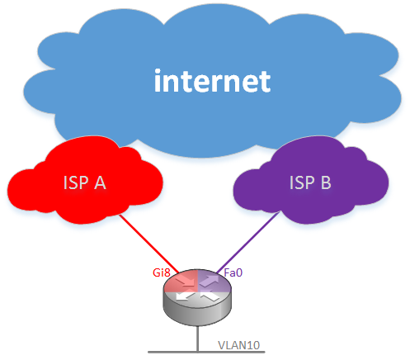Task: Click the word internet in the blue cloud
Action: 212,80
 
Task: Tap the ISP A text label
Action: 85,182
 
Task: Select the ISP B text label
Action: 310,182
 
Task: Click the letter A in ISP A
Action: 100,182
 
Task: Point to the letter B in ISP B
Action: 326,182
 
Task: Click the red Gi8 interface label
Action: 162,272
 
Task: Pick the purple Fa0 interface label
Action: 233,272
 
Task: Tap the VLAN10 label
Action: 238,345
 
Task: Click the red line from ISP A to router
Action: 148,244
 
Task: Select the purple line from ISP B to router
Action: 248,242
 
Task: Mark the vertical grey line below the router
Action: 197,339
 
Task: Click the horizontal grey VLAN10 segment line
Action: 206,352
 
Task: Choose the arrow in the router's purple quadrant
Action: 209,281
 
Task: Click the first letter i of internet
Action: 158,80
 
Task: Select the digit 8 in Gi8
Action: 167,272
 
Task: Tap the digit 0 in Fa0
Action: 238,272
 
